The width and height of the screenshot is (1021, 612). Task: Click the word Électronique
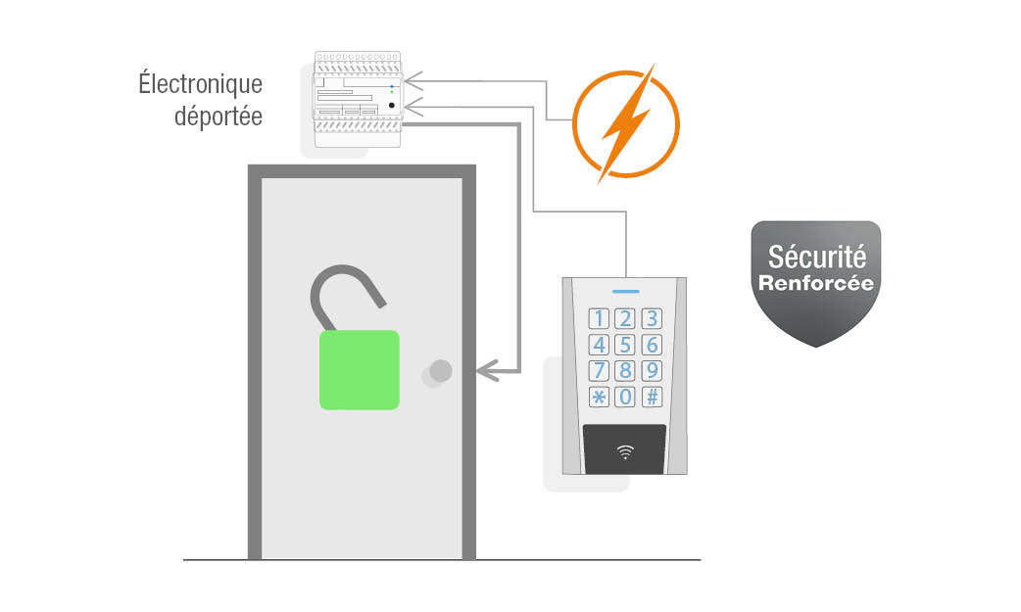click(x=200, y=85)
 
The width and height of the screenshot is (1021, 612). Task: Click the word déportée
click(x=219, y=116)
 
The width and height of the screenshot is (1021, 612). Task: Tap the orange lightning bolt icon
click(x=625, y=124)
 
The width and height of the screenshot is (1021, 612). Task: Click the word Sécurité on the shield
click(x=816, y=258)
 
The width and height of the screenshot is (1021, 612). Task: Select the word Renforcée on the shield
click(x=816, y=283)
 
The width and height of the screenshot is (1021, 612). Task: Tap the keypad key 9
click(x=652, y=370)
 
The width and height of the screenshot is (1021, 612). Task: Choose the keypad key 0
click(x=625, y=397)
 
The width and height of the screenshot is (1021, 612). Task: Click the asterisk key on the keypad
click(x=599, y=397)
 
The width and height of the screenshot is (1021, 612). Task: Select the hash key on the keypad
click(x=652, y=397)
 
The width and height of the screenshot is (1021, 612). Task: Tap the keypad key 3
click(x=652, y=318)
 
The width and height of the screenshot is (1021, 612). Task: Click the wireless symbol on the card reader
click(x=625, y=451)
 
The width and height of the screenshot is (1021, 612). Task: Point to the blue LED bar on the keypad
click(x=625, y=291)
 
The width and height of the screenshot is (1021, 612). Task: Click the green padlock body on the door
click(x=360, y=369)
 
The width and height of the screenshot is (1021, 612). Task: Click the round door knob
click(x=440, y=371)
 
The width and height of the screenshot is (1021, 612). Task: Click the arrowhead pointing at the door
click(x=487, y=370)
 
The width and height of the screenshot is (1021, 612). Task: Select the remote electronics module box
click(x=358, y=99)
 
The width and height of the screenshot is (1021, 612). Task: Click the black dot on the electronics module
click(x=392, y=105)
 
